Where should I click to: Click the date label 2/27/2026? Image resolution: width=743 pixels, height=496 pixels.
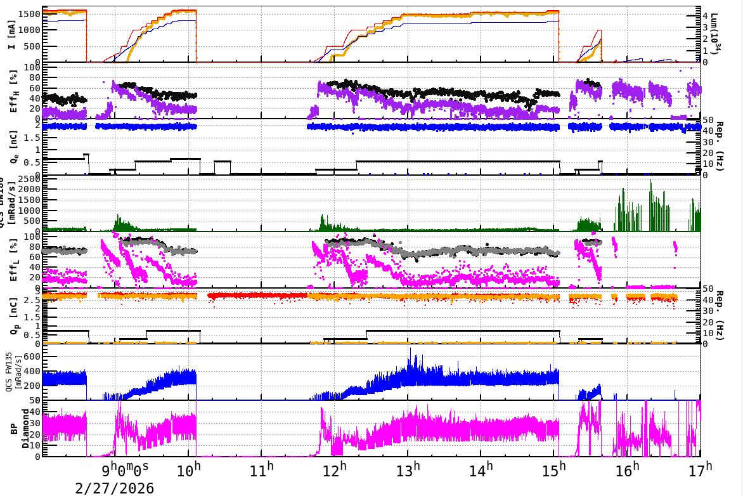pyautogui.click(x=114, y=488)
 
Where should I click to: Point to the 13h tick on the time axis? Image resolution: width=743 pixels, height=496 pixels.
pyautogui.click(x=408, y=471)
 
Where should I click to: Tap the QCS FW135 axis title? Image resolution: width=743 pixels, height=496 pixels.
pyautogui.click(x=13, y=372)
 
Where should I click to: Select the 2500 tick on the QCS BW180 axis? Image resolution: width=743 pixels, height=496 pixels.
pyautogui.click(x=29, y=180)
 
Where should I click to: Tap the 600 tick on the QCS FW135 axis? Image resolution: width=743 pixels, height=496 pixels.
pyautogui.click(x=32, y=357)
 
